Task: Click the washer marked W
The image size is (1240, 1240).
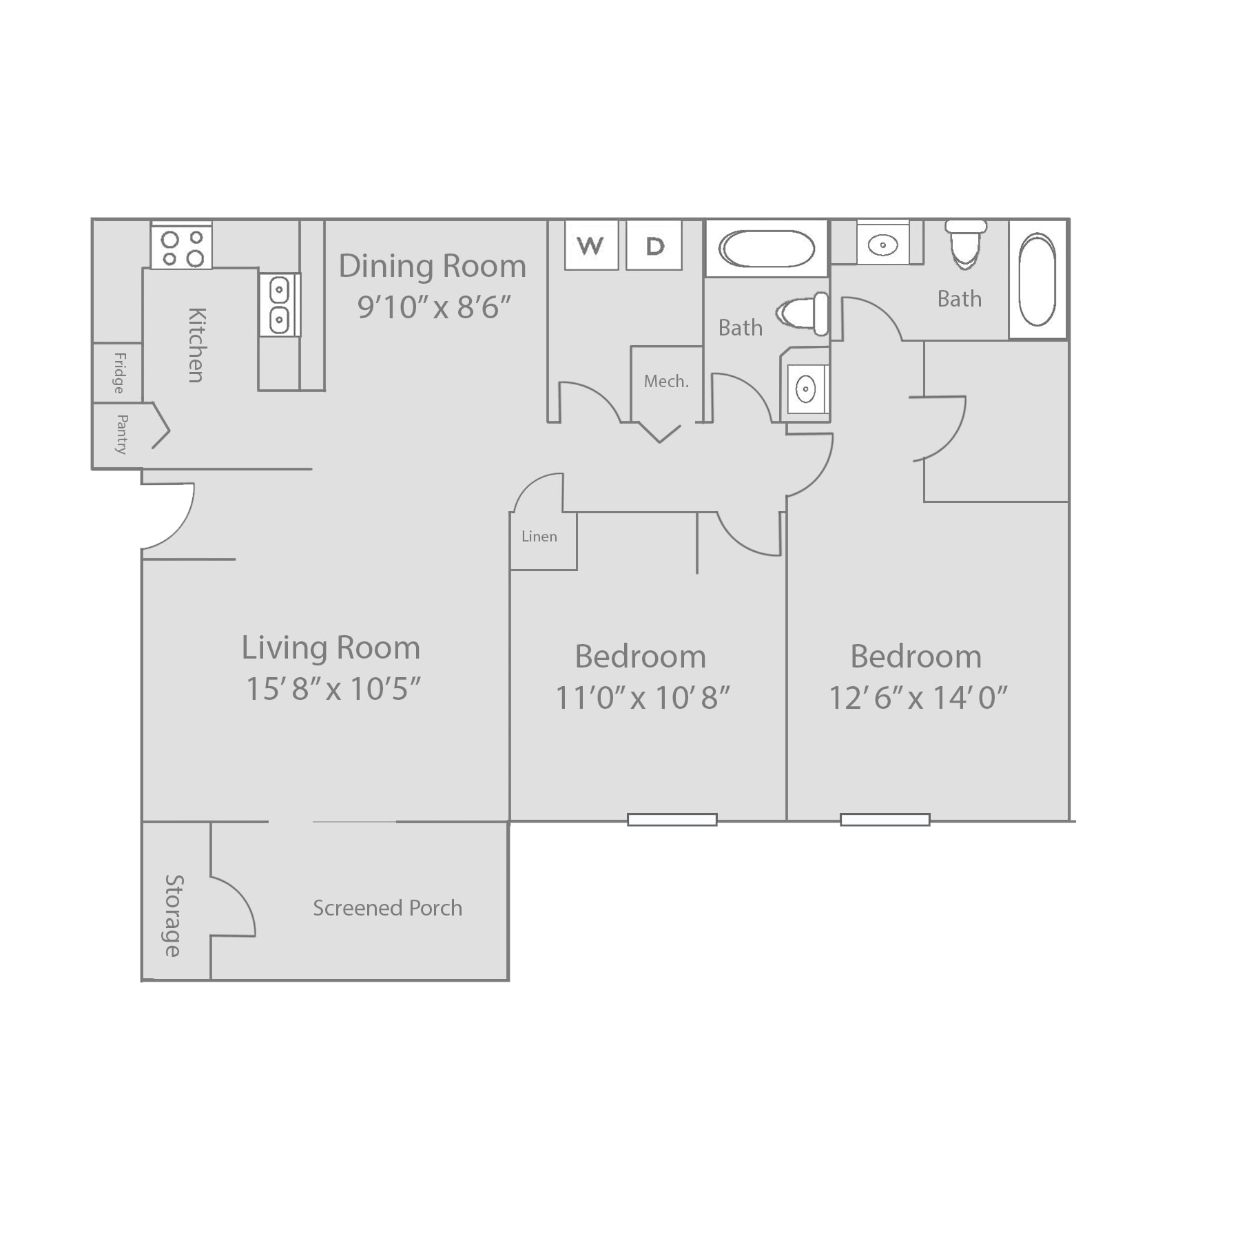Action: pos(590,245)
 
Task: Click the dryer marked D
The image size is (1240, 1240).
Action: pos(654,245)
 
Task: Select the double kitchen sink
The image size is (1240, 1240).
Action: pos(279,304)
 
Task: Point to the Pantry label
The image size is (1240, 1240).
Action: pos(122,434)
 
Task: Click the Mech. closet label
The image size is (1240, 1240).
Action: pos(666,381)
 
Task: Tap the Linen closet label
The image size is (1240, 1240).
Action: pos(539,536)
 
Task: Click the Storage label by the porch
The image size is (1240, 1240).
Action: pos(174,916)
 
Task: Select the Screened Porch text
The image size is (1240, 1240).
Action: pos(387,908)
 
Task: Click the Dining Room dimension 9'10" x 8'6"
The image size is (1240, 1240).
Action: pos(434,307)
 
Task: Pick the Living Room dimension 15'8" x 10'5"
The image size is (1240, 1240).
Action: pos(333,688)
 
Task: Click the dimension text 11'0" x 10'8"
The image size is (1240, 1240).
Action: pos(642,698)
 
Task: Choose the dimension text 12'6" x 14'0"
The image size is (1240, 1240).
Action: pos(918,698)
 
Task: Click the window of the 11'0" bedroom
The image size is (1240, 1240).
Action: pos(672,819)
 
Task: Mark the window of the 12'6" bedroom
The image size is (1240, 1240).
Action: pos(885,819)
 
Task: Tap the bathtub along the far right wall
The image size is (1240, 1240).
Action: pos(1037,280)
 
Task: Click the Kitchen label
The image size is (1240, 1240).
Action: pos(197,344)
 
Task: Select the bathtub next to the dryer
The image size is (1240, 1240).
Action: pos(766,248)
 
